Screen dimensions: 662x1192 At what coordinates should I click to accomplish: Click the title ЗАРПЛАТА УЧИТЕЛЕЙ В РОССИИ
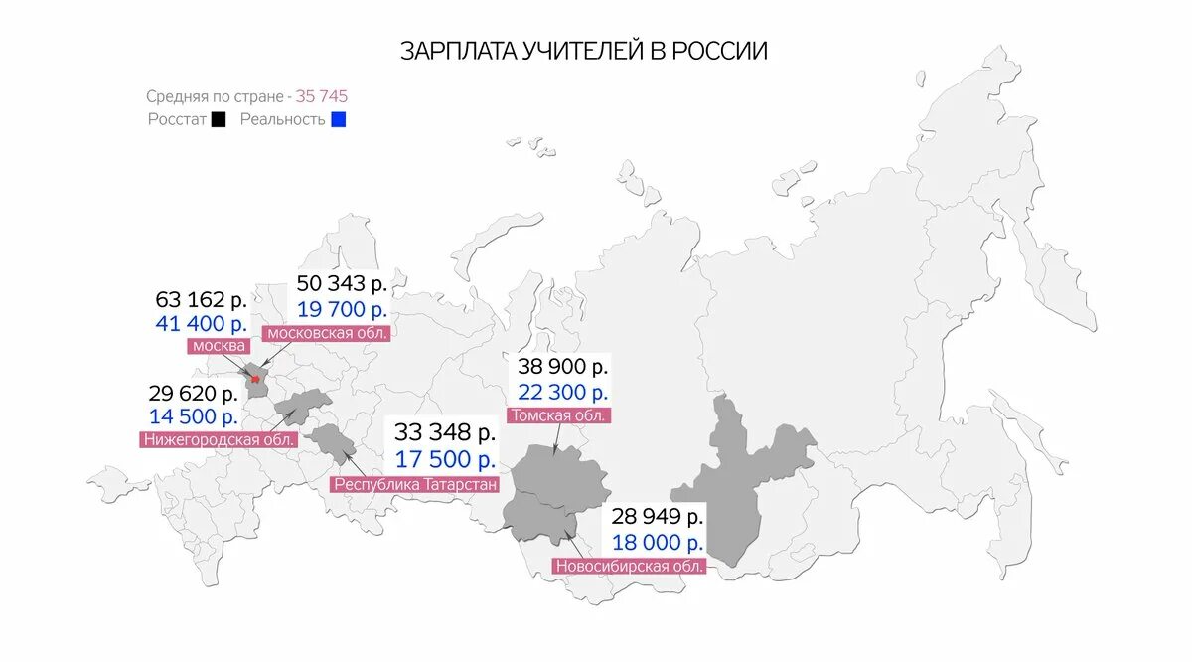(584, 51)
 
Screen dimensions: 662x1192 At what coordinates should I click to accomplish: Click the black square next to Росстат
(219, 119)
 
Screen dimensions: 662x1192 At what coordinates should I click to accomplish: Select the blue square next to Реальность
(339, 119)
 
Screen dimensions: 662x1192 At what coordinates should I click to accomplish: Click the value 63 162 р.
(201, 299)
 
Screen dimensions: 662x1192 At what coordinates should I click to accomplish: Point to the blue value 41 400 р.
(201, 324)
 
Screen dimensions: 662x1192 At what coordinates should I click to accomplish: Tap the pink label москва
(219, 346)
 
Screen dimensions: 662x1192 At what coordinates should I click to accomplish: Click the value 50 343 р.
(342, 283)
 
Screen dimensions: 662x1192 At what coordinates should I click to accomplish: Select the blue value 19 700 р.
(342, 308)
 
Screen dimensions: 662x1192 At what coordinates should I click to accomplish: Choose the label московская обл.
(326, 332)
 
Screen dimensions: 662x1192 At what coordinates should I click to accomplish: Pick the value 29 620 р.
(194, 393)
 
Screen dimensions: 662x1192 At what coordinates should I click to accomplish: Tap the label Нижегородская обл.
(219, 438)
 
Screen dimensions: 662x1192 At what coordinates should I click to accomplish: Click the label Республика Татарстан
(415, 484)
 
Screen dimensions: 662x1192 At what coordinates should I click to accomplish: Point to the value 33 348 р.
(444, 432)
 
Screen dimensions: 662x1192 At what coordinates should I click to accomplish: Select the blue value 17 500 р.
(444, 459)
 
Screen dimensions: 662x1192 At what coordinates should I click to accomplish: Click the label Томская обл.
(558, 415)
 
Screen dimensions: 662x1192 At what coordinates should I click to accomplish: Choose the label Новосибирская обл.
(630, 566)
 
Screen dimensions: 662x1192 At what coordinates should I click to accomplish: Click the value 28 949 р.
(658, 517)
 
